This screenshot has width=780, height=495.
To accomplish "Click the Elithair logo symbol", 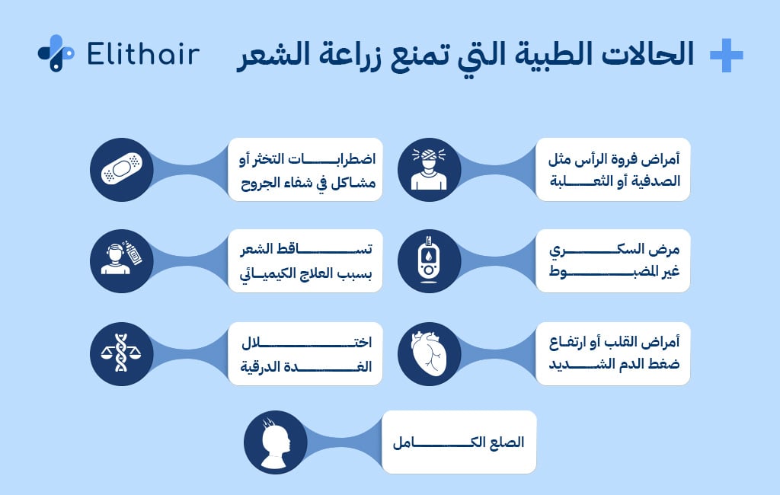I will [x=56, y=53].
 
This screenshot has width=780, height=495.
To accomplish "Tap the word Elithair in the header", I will [x=144, y=54].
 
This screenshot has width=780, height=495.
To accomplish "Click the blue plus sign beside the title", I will [x=725, y=55].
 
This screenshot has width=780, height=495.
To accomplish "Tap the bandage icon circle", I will [x=122, y=169].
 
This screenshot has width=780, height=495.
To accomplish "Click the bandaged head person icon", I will [x=429, y=169].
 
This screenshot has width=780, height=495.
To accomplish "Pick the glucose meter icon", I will [x=429, y=261].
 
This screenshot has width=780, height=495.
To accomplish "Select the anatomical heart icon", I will [x=429, y=353].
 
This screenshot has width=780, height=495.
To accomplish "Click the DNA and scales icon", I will [x=122, y=353].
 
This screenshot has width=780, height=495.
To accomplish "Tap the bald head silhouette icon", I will [x=275, y=442].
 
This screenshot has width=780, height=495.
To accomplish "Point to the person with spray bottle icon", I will [x=122, y=261].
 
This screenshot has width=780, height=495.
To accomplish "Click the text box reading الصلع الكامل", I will [x=459, y=442].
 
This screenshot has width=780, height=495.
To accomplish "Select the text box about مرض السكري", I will [x=612, y=261].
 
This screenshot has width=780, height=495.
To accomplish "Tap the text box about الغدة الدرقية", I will [x=305, y=353].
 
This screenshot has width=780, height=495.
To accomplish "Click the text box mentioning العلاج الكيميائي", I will [x=305, y=261].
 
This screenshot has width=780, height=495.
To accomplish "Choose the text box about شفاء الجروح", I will [x=305, y=169].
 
